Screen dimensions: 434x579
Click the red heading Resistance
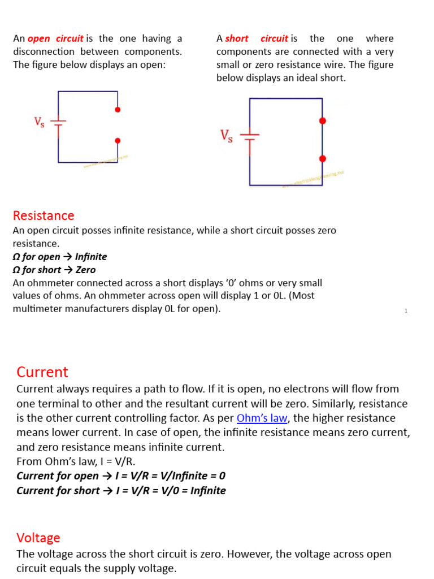coord(44,215)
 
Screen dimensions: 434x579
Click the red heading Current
coord(42,372)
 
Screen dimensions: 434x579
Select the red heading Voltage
coord(38,538)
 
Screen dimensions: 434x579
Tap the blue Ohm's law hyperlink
coord(262,418)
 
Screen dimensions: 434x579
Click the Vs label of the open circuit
coord(40,122)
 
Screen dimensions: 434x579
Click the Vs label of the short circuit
coord(226,136)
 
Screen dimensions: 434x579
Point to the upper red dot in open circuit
coord(118,110)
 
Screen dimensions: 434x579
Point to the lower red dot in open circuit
coord(118,141)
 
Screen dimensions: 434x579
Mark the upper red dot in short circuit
coord(322,121)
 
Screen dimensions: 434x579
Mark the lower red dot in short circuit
coord(322,159)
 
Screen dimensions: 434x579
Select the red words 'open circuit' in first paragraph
coord(55,38)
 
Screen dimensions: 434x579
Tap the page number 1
coord(406,311)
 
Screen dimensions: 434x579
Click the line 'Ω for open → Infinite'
coord(60,257)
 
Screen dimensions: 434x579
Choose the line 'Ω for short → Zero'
coord(54,270)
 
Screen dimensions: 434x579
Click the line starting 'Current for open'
coord(121,476)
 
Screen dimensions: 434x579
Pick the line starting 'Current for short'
coord(121,490)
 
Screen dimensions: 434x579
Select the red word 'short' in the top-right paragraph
coord(237,38)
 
